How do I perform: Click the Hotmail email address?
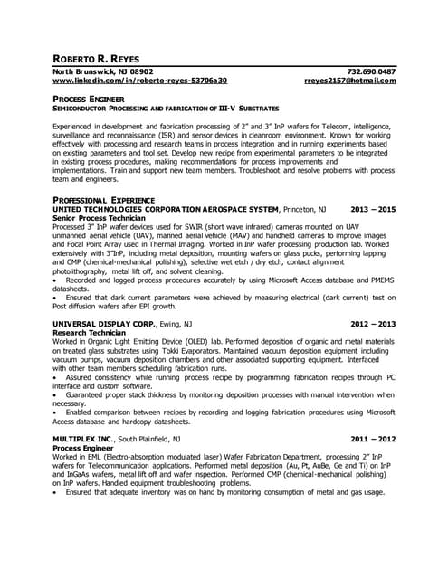350,81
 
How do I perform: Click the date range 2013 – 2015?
373,209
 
